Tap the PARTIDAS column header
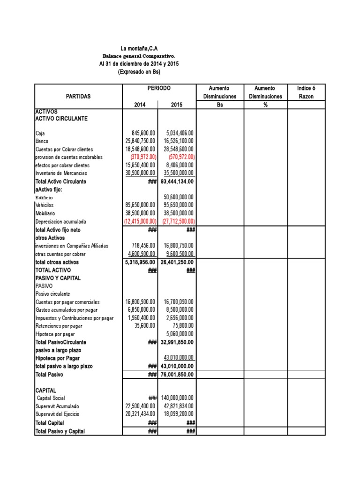pos(78,96)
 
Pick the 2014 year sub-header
pos(140,105)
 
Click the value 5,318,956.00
pos(139,262)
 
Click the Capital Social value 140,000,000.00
pos(178,398)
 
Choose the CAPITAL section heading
pos(45,390)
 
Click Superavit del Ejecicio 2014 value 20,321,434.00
pos(141,414)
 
